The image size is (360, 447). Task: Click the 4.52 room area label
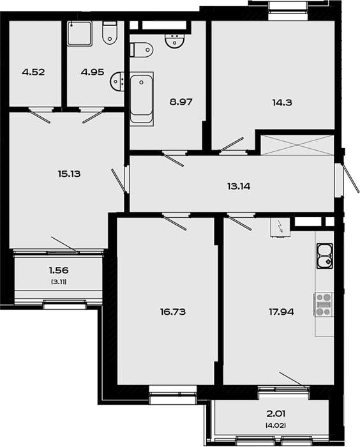pyautogui.click(x=33, y=72)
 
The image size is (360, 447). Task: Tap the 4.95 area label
pyautogui.click(x=93, y=72)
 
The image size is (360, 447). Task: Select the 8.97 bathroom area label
pyautogui.click(x=181, y=102)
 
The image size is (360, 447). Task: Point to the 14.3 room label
pyautogui.click(x=282, y=102)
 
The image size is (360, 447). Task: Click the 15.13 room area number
pyautogui.click(x=70, y=174)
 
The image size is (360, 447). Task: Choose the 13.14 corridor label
pyautogui.click(x=239, y=186)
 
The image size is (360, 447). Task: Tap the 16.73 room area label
pyautogui.click(x=173, y=312)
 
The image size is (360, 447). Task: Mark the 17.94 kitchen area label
pyautogui.click(x=281, y=312)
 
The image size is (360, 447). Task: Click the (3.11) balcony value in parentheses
pyautogui.click(x=59, y=282)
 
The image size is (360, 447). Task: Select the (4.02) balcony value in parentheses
pyautogui.click(x=276, y=426)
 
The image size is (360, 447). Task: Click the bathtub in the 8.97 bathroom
pyautogui.click(x=142, y=98)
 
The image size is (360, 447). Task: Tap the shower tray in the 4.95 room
pyautogui.click(x=80, y=34)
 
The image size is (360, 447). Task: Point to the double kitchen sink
pyautogui.click(x=325, y=255)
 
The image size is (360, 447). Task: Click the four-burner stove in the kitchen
pyautogui.click(x=323, y=305)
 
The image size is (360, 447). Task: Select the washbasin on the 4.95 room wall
pyautogui.click(x=117, y=82)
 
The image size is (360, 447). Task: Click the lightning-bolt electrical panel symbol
pyautogui.click(x=280, y=227)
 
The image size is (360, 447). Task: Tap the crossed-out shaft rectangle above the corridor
pyautogui.click(x=297, y=145)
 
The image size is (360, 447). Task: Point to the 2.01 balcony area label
pyautogui.click(x=276, y=413)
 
